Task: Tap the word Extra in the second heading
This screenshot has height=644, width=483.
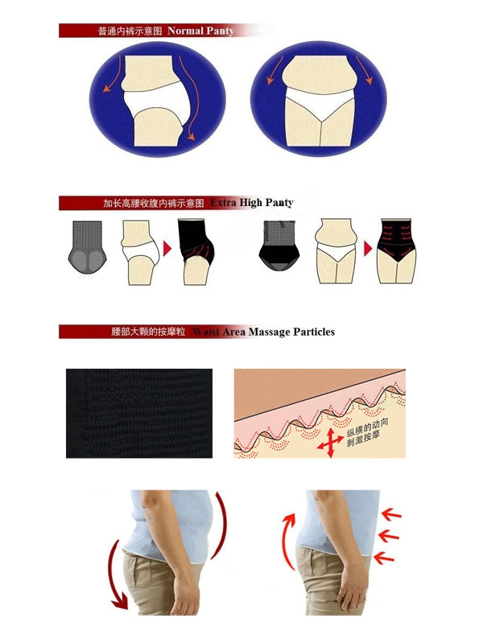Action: click(224, 203)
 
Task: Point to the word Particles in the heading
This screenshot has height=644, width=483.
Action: click(315, 332)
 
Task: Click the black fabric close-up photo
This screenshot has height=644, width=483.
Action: click(139, 413)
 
